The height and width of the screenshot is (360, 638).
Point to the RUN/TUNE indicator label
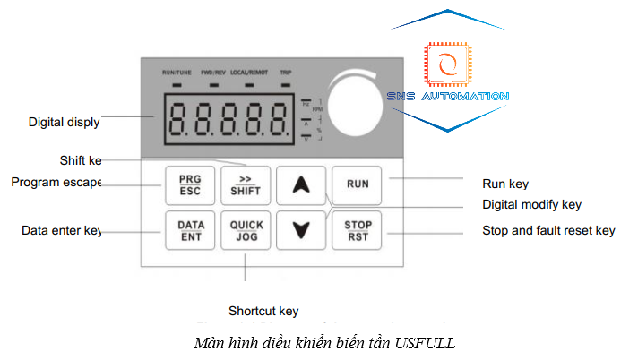tap(176, 71)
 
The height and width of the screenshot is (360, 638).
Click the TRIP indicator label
tap(285, 71)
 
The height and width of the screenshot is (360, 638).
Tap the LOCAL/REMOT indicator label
tap(248, 71)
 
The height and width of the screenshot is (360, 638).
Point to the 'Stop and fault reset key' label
tap(548, 231)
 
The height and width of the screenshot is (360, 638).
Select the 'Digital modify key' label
tap(531, 205)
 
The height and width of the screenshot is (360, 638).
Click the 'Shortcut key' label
tap(263, 311)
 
